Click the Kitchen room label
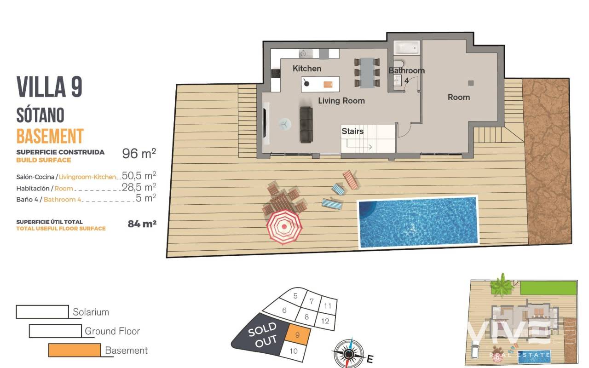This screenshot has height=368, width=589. pyautogui.click(x=307, y=69)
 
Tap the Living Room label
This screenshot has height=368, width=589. pyautogui.click(x=341, y=101)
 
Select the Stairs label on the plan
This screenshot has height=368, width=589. pyautogui.click(x=352, y=131)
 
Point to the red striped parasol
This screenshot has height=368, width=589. pyautogui.click(x=284, y=227)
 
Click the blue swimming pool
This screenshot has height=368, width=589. pyautogui.click(x=418, y=222)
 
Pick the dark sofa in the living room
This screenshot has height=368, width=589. pyautogui.click(x=306, y=125)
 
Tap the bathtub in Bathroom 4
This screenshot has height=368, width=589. pyautogui.click(x=406, y=48)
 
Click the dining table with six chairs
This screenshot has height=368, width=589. pyautogui.click(x=367, y=73)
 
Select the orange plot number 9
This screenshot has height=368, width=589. pyautogui.click(x=297, y=335)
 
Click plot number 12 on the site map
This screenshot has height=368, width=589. pyautogui.click(x=325, y=321)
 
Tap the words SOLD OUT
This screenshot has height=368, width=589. pyautogui.click(x=263, y=334)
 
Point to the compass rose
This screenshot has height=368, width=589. pyautogui.click(x=349, y=354)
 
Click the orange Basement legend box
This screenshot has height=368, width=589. pyautogui.click(x=75, y=350)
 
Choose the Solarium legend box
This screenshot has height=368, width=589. pyautogui.click(x=42, y=312)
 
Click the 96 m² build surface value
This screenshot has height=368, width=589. pyautogui.click(x=139, y=154)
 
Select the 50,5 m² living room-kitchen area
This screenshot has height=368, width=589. pyautogui.click(x=139, y=175)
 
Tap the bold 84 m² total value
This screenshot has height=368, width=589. pyautogui.click(x=142, y=224)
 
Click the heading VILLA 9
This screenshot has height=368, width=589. pyautogui.click(x=49, y=87)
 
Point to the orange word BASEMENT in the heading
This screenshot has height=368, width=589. pyautogui.click(x=50, y=136)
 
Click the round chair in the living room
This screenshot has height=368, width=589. pyautogui.click(x=285, y=124)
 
